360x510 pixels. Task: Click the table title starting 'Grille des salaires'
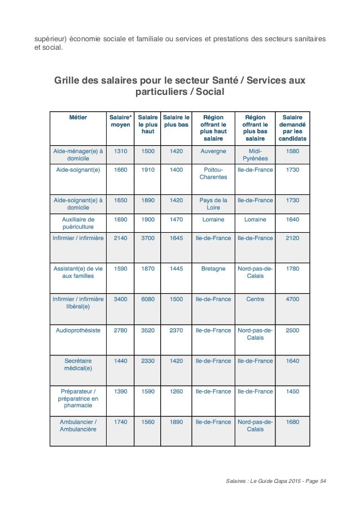tap(179, 86)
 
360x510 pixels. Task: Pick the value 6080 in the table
tap(147, 299)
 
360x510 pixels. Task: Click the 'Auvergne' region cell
tap(213, 151)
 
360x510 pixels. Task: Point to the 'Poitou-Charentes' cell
tap(213, 173)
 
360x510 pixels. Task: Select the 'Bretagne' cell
tap(213, 268)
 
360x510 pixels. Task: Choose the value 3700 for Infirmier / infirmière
tap(147, 238)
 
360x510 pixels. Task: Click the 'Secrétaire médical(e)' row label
tap(78, 364)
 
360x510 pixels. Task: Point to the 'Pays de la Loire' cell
tap(213, 204)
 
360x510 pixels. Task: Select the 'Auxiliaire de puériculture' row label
tap(78, 224)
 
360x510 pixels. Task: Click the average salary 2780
tap(120, 329)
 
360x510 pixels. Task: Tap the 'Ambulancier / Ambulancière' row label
tap(78, 425)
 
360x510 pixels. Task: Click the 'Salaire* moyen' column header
tap(120, 121)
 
